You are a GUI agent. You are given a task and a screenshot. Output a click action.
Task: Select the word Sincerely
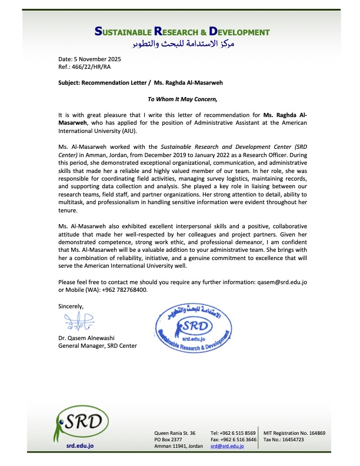[x=71, y=306]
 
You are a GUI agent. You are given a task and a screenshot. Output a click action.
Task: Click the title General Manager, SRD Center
[x=97, y=346]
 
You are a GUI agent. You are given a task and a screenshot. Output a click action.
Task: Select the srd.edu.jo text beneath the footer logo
[x=80, y=446]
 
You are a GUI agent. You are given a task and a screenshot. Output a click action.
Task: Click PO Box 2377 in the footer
[x=167, y=440]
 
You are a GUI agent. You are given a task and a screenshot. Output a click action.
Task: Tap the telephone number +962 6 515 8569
[x=239, y=432]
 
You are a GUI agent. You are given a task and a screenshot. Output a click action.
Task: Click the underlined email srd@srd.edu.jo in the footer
[x=227, y=447]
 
